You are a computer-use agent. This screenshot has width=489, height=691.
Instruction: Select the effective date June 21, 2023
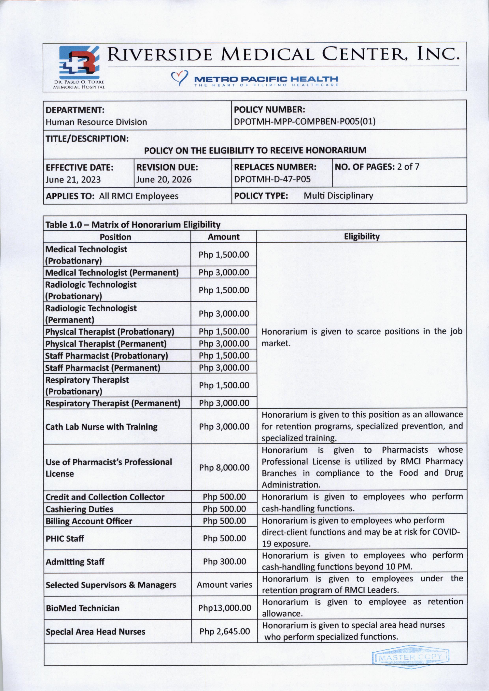pyautogui.click(x=73, y=180)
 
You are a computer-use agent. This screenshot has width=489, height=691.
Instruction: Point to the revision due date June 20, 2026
pyautogui.click(x=164, y=180)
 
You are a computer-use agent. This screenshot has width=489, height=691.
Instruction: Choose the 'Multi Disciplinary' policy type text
pyautogui.click(x=338, y=196)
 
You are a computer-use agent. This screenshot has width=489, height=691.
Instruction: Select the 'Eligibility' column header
pyautogui.click(x=362, y=237)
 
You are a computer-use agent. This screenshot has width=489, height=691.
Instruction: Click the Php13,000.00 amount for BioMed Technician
pyautogui.click(x=224, y=608)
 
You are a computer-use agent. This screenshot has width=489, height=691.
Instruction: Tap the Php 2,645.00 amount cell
pyautogui.click(x=224, y=631)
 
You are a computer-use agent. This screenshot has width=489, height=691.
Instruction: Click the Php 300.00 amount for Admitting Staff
pyautogui.click(x=224, y=561)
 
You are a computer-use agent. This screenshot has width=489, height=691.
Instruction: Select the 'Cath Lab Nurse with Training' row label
pyautogui.click(x=102, y=427)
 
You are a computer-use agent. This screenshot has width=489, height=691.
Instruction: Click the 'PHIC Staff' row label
pyautogui.click(x=65, y=538)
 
